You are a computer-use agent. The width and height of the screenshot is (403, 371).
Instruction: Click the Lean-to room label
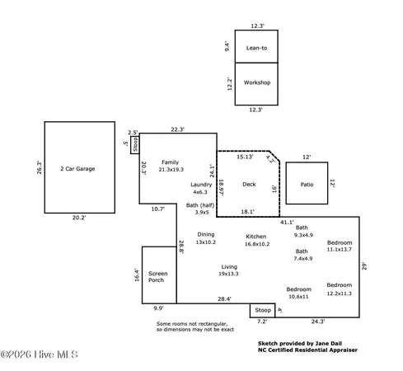pyautogui.click(x=256, y=48)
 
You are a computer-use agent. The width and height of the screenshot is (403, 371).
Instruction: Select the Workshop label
pyautogui.click(x=256, y=83)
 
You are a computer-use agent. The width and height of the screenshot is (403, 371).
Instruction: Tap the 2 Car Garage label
pyautogui.click(x=77, y=168)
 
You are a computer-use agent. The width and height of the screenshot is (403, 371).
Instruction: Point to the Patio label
pyautogui.click(x=307, y=185)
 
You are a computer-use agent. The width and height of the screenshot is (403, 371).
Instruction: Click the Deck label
pyautogui.click(x=249, y=184)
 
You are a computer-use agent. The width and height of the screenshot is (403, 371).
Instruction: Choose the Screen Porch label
pyautogui.click(x=157, y=276)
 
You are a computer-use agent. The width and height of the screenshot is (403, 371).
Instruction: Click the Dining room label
pyautogui.click(x=206, y=234)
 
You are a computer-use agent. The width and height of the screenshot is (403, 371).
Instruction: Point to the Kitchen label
pyautogui.click(x=256, y=236)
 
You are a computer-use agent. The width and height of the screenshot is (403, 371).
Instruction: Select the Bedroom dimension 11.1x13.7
pyautogui.click(x=339, y=249)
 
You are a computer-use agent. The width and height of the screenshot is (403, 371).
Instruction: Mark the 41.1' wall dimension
pyautogui.click(x=287, y=222)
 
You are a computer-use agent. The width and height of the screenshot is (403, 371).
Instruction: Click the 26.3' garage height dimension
pyautogui.click(x=39, y=167)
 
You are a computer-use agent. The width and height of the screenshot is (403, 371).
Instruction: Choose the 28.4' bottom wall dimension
pyautogui.click(x=223, y=299)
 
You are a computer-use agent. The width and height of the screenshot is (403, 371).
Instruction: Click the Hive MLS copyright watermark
pyautogui.click(x=39, y=355)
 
